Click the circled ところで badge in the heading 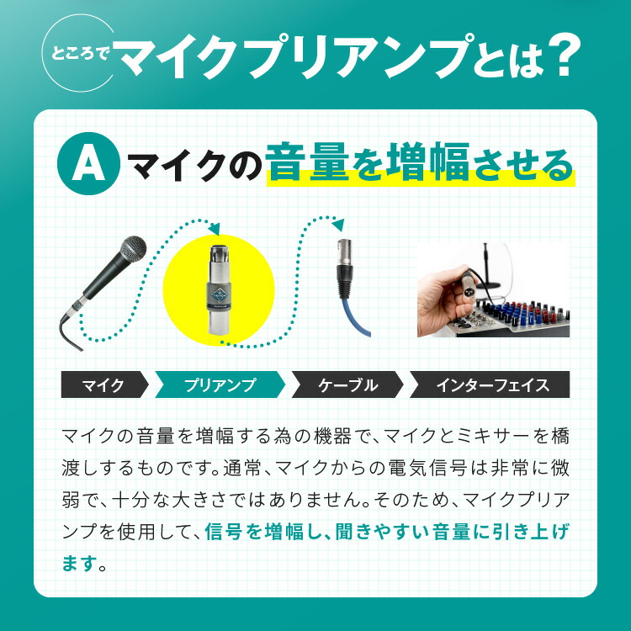pyautogui.click(x=79, y=54)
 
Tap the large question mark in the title pyautogui.click(x=565, y=56)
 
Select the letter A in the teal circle pyautogui.click(x=88, y=163)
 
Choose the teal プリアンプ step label pyautogui.click(x=220, y=384)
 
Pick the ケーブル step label pyautogui.click(x=347, y=384)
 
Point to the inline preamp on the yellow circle pyautogui.click(x=219, y=290)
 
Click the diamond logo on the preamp pyautogui.click(x=220, y=295)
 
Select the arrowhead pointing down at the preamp pyautogui.click(x=215, y=229)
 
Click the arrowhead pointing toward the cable pyautogui.click(x=339, y=225)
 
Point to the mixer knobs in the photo pyautogui.click(x=523, y=313)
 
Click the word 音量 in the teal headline pyautogui.click(x=307, y=162)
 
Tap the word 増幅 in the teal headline pyautogui.click(x=429, y=162)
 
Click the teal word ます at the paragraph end pyautogui.click(x=80, y=563)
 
